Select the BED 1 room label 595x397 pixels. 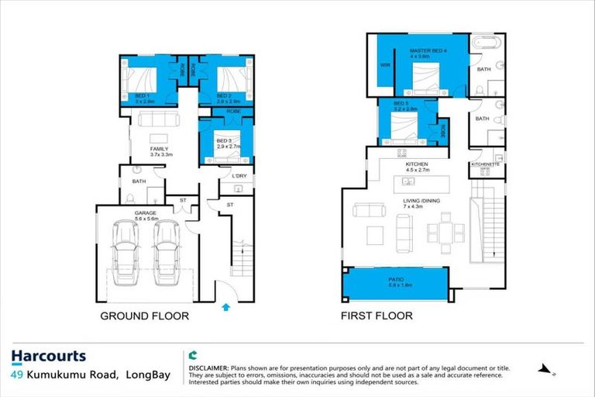pyautogui.click(x=142, y=95)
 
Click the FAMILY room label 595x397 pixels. pyautogui.click(x=159, y=149)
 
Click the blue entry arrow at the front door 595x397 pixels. pyautogui.click(x=225, y=306)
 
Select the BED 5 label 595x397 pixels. pyautogui.click(x=401, y=103)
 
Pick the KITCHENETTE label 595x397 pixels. pyautogui.click(x=487, y=165)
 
